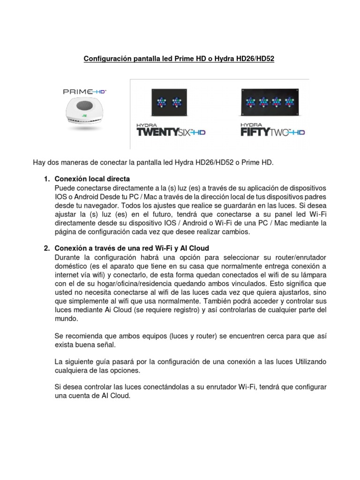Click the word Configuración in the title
pos(105,59)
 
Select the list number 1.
pos(46,179)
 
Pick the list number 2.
pos(46,248)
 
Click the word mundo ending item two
pos(67,318)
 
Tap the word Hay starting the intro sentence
pos(39,162)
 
